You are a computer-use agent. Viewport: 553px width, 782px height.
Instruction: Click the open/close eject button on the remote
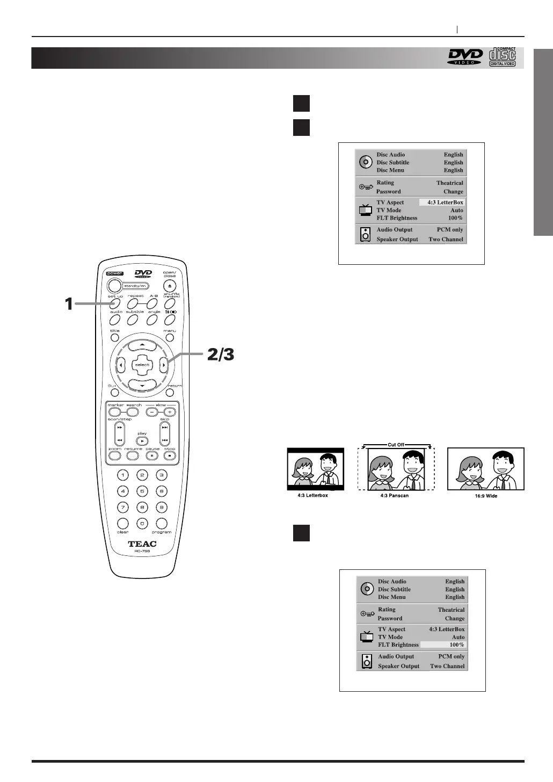[170, 286]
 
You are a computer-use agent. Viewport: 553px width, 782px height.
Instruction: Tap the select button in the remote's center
[142, 365]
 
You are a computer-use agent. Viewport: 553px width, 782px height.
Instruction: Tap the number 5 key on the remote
[142, 491]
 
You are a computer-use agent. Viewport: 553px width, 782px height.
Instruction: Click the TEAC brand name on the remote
[142, 544]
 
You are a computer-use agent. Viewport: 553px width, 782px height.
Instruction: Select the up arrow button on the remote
[142, 344]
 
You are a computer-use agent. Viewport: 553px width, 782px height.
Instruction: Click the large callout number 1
[69, 304]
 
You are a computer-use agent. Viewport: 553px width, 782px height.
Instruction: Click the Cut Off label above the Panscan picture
[396, 445]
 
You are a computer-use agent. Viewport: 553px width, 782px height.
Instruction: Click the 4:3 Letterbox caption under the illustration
[312, 495]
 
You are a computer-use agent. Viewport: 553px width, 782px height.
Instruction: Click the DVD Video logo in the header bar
[465, 57]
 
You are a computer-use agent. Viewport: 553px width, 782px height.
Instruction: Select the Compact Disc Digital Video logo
[502, 57]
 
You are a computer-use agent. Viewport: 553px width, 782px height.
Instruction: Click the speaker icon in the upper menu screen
[365, 234]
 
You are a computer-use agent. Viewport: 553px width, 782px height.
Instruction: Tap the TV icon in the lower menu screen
[367, 636]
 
